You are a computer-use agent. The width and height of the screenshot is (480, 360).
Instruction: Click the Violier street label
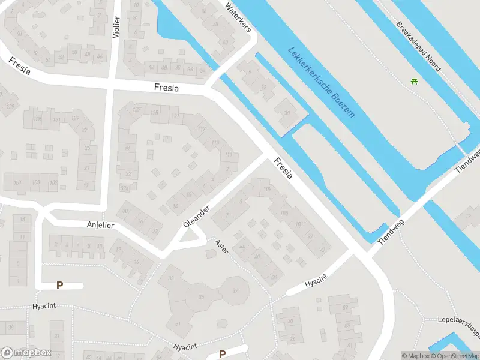point(116,27)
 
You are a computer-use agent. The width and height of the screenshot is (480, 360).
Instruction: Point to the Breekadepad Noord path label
point(418,46)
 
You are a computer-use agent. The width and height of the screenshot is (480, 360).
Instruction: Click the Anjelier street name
point(100,225)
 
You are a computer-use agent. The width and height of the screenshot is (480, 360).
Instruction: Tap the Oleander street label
point(196,217)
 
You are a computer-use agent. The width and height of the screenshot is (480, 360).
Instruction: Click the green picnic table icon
point(414,81)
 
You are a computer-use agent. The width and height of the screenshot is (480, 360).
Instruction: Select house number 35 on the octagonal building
point(202,297)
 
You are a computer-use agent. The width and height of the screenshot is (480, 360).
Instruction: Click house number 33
point(171,278)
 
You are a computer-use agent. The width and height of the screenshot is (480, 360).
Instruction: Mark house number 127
point(137,109)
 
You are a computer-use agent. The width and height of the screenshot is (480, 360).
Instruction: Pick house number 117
point(201,130)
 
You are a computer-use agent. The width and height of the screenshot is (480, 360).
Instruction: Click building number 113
point(215,142)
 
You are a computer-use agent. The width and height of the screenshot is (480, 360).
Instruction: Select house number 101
point(298,224)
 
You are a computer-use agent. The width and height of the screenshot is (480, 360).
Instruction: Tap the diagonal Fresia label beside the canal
point(283,169)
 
